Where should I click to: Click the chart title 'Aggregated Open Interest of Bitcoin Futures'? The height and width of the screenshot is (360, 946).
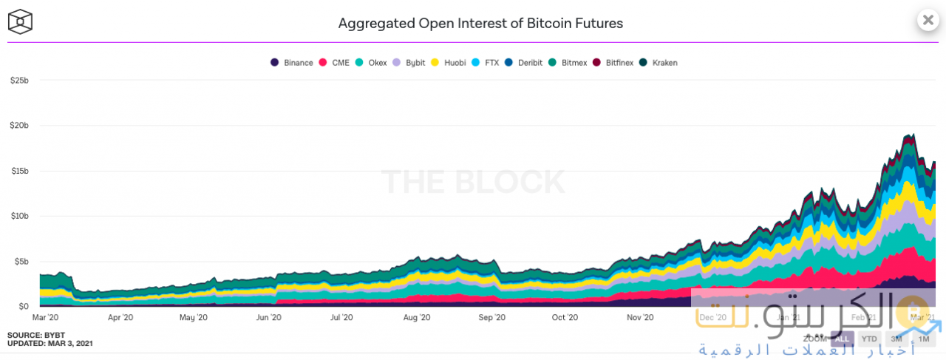coord(480,23)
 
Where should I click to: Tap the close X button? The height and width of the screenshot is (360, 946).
coord(928,20)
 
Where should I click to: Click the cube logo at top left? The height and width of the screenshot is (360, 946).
coord(20,22)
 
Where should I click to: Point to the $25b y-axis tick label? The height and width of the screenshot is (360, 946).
coord(19,80)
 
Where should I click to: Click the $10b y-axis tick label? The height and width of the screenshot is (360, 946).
coord(19,216)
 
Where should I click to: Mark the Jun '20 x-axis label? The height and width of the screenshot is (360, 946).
coord(268,318)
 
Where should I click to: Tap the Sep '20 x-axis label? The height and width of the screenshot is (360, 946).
coord(491,318)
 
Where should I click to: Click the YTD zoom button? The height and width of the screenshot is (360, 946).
coord(869,339)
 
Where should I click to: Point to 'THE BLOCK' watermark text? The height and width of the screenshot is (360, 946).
coord(473,182)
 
